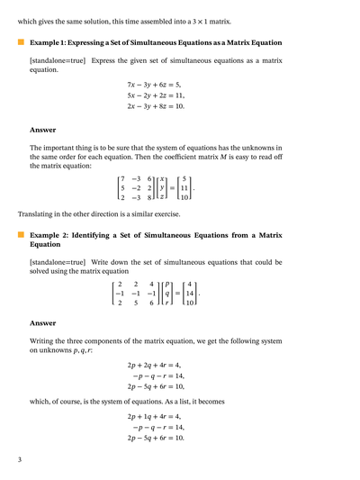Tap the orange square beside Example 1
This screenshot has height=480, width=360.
tap(21, 42)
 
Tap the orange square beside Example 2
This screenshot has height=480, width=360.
tap(21, 233)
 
